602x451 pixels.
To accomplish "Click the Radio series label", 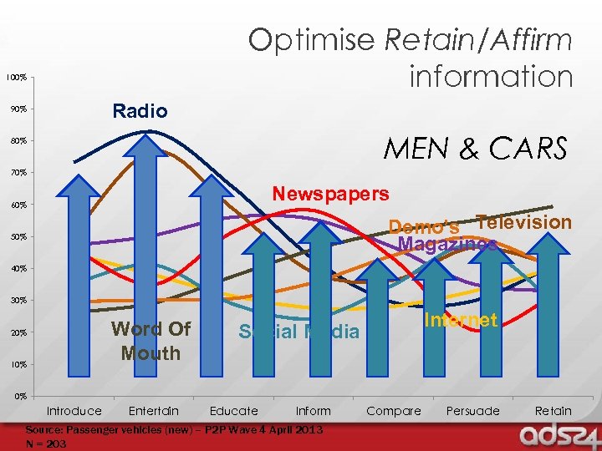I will (x=140, y=111).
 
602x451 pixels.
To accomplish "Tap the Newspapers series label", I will (x=330, y=194).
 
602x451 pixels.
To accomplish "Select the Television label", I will (x=523, y=222).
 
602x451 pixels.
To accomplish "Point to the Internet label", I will (x=461, y=320).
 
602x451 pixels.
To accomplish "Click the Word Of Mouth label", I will (x=150, y=341).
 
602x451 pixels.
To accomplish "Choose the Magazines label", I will (x=448, y=244).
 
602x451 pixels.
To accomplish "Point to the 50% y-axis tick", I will (x=17, y=237).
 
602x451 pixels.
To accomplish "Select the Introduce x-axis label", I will (x=74, y=411).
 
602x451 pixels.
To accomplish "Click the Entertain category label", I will (x=154, y=411).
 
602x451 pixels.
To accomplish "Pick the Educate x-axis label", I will (x=233, y=411).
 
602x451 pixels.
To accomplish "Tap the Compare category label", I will (x=394, y=411).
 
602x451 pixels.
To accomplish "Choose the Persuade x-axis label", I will (x=472, y=411).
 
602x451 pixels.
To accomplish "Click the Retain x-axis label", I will (x=553, y=411).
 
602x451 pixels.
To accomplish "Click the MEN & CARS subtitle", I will (x=475, y=149).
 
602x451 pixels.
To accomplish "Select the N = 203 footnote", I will (x=46, y=443).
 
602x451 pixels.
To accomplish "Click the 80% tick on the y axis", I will (x=17, y=141).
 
